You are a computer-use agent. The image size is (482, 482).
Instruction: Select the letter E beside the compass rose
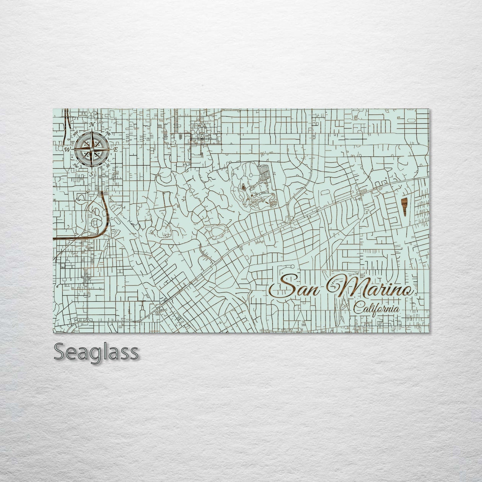(115, 150)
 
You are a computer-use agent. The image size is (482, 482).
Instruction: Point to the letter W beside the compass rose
(67, 149)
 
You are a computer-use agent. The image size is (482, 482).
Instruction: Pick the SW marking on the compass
(76, 165)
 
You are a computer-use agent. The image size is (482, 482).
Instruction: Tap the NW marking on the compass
(76, 133)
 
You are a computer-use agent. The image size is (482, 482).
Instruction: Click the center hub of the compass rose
(92, 149)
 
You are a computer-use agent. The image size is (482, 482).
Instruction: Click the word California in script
(377, 308)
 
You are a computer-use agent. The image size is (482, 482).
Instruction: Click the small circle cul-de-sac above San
(292, 266)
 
